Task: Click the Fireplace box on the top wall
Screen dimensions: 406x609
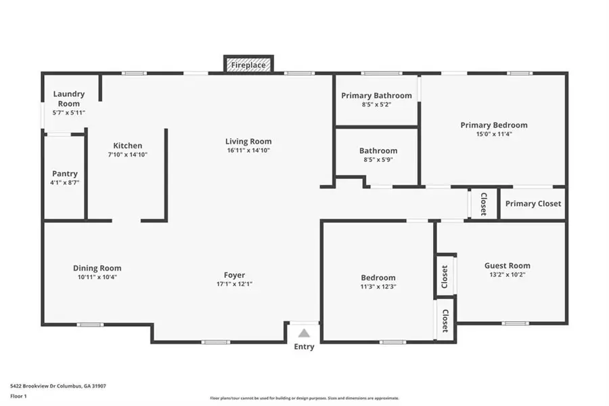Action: pos(248,65)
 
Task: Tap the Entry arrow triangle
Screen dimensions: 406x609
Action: pos(304,333)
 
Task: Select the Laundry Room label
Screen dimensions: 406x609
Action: pos(68,98)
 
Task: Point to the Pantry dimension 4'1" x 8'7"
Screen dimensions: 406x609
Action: pos(65,182)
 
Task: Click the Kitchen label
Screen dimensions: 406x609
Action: pos(127,146)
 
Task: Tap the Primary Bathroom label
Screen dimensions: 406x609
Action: pos(376,96)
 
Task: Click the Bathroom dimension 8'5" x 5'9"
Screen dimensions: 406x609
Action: pos(378,160)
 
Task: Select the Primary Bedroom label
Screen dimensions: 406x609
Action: pos(494,125)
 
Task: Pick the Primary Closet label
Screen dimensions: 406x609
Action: pos(533,203)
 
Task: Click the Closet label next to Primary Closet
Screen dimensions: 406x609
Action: pos(483,203)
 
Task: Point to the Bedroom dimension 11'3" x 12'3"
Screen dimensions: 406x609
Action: pos(378,287)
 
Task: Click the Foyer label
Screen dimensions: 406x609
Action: pos(234,275)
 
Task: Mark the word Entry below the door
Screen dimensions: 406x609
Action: pos(304,347)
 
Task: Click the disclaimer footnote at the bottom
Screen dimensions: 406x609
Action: pos(304,398)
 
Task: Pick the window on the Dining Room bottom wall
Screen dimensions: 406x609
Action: pos(89,325)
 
